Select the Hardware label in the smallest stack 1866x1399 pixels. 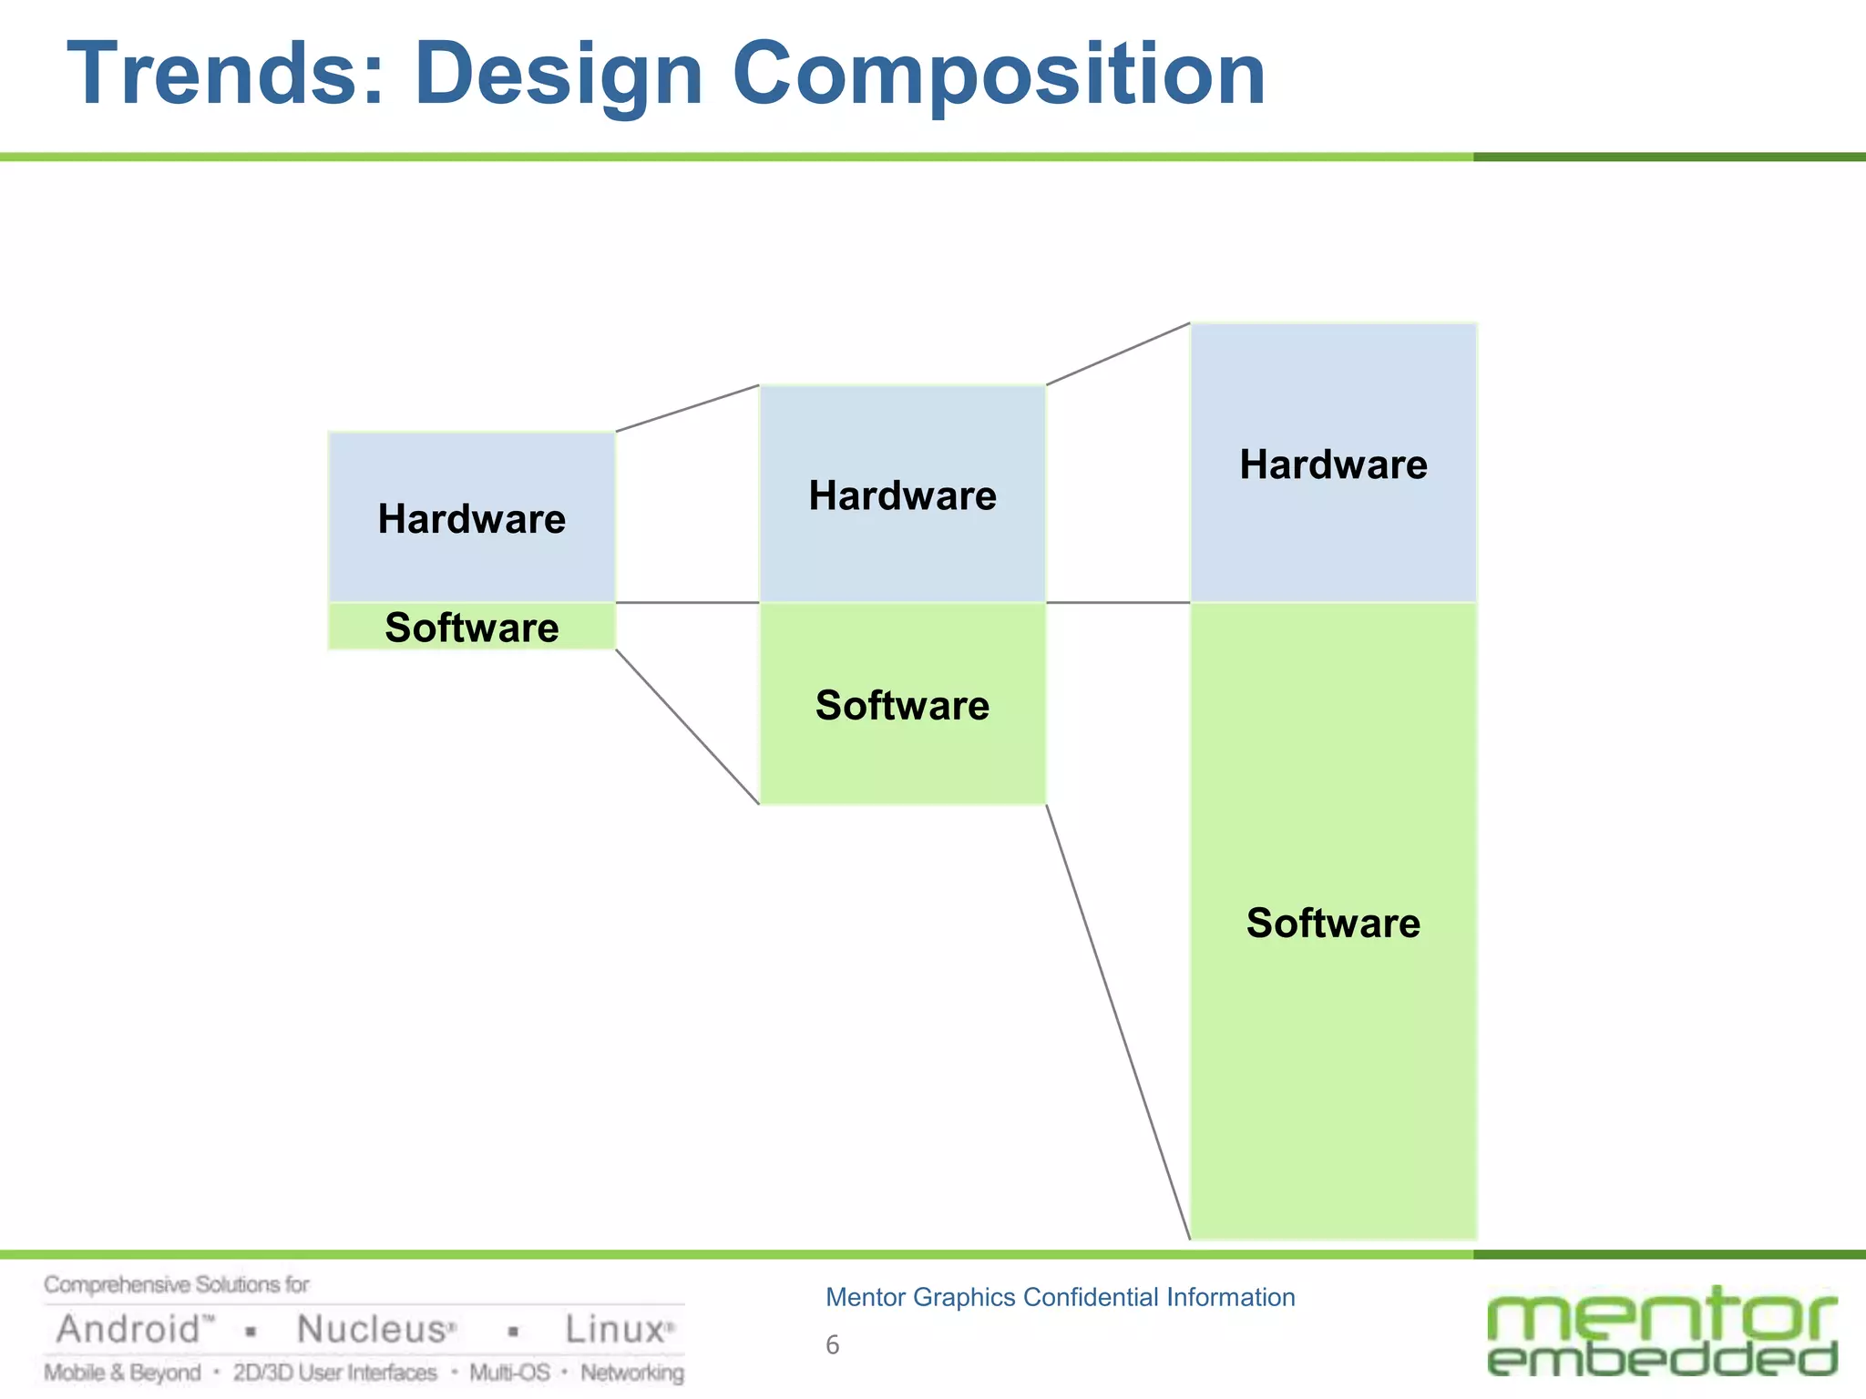[471, 519]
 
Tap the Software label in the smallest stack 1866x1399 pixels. [471, 628]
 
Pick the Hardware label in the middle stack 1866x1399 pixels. [902, 495]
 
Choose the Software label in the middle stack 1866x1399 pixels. [902, 705]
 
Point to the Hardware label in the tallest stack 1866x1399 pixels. [1333, 465]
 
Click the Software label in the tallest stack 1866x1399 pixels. [1333, 923]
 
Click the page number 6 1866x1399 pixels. [832, 1344]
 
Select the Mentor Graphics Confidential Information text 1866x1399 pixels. [1060, 1297]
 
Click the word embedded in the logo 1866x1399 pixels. [1662, 1358]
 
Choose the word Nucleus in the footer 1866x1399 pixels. [374, 1330]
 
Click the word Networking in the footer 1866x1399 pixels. [632, 1373]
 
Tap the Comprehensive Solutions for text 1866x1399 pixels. [177, 1285]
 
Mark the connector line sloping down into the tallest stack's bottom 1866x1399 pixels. [1118, 1022]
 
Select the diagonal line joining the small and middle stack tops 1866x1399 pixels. [688, 408]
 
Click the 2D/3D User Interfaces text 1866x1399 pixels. [334, 1373]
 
